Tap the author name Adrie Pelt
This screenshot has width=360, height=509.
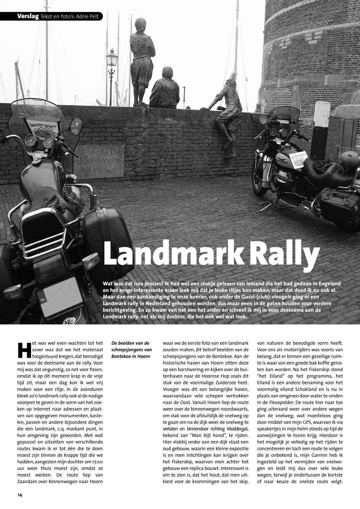click(89, 16)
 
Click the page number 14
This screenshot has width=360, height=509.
click(20, 495)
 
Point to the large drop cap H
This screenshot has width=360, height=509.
click(23, 350)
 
